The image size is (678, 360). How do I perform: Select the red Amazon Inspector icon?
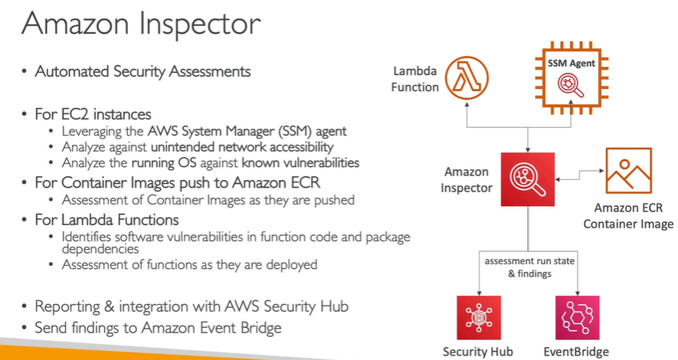tap(527, 178)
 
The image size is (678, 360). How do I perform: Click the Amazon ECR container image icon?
tap(628, 170)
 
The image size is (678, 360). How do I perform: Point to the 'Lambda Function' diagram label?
tap(415, 79)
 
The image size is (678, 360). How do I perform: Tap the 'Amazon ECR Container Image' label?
tap(628, 215)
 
